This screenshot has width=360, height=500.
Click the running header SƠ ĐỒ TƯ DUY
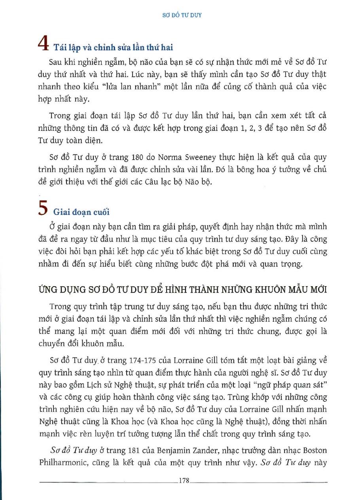pyautogui.click(x=182, y=15)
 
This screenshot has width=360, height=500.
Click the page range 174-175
pyautogui.click(x=143, y=360)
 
